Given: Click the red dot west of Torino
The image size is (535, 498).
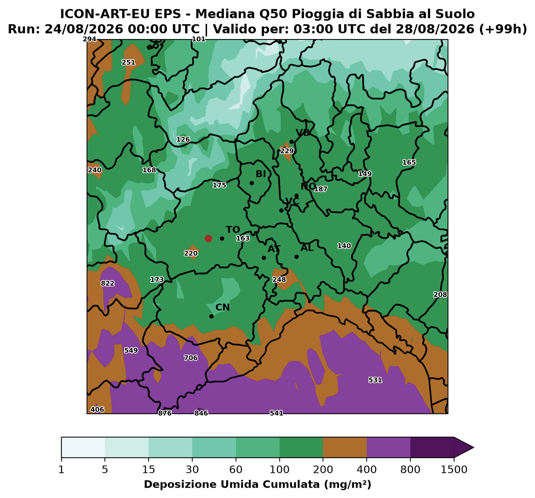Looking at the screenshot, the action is pos(208,238).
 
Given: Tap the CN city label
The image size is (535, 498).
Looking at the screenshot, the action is pos(223,307).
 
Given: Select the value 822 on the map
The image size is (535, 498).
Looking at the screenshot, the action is pos(108,284).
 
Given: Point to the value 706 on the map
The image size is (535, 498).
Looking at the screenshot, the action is pos(191,358).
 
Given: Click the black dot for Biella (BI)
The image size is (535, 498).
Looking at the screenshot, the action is pos(252,183).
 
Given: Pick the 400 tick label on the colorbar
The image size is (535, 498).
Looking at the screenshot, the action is pos(367,470).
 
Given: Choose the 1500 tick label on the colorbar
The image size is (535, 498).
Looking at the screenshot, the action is pos(454,470).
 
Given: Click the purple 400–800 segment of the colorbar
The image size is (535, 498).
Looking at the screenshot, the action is pos(388,448).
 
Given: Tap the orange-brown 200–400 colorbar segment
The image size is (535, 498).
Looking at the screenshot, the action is pos(345,448).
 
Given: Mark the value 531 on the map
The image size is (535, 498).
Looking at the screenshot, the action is pos(375,380).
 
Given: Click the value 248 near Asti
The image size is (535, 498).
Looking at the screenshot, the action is pos(279,280).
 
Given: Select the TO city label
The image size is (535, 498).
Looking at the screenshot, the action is pos(233,230).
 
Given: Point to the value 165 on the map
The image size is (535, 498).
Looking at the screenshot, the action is pos(409,162).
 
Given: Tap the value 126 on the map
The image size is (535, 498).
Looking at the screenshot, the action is pos(183,139).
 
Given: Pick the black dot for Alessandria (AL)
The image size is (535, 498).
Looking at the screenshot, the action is pos(296,257).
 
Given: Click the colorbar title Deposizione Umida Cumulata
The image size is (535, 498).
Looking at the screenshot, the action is pos(232,485).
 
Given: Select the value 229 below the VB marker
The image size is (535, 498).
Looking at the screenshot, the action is pos(286,151).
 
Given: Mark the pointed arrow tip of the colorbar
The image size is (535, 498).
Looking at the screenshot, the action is pos(473,448).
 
